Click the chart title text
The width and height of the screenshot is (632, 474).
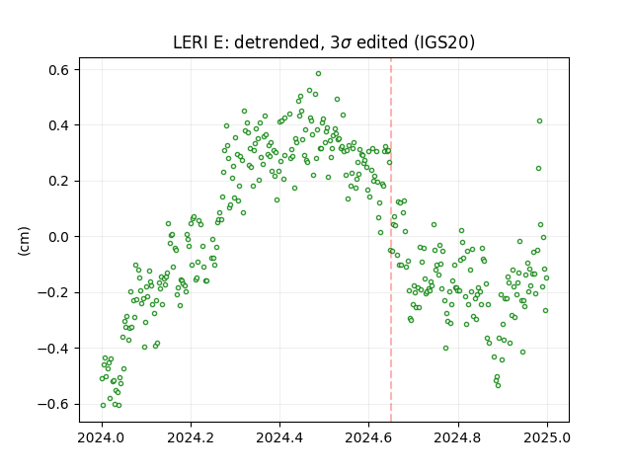click(324, 42)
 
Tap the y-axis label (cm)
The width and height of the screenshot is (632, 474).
click(24, 241)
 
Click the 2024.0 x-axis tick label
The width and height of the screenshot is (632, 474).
click(102, 437)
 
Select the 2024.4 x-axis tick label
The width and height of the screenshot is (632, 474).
click(279, 437)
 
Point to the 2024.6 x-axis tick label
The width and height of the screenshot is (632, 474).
click(368, 437)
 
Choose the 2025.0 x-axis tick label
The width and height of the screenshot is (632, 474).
click(547, 437)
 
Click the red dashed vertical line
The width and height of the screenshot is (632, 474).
click(391, 240)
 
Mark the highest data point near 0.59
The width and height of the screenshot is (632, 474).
click(318, 74)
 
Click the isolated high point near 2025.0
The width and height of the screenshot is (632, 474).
click(540, 120)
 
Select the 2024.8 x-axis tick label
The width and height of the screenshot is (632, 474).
click(458, 437)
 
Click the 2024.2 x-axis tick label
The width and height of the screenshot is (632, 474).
click(191, 437)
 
